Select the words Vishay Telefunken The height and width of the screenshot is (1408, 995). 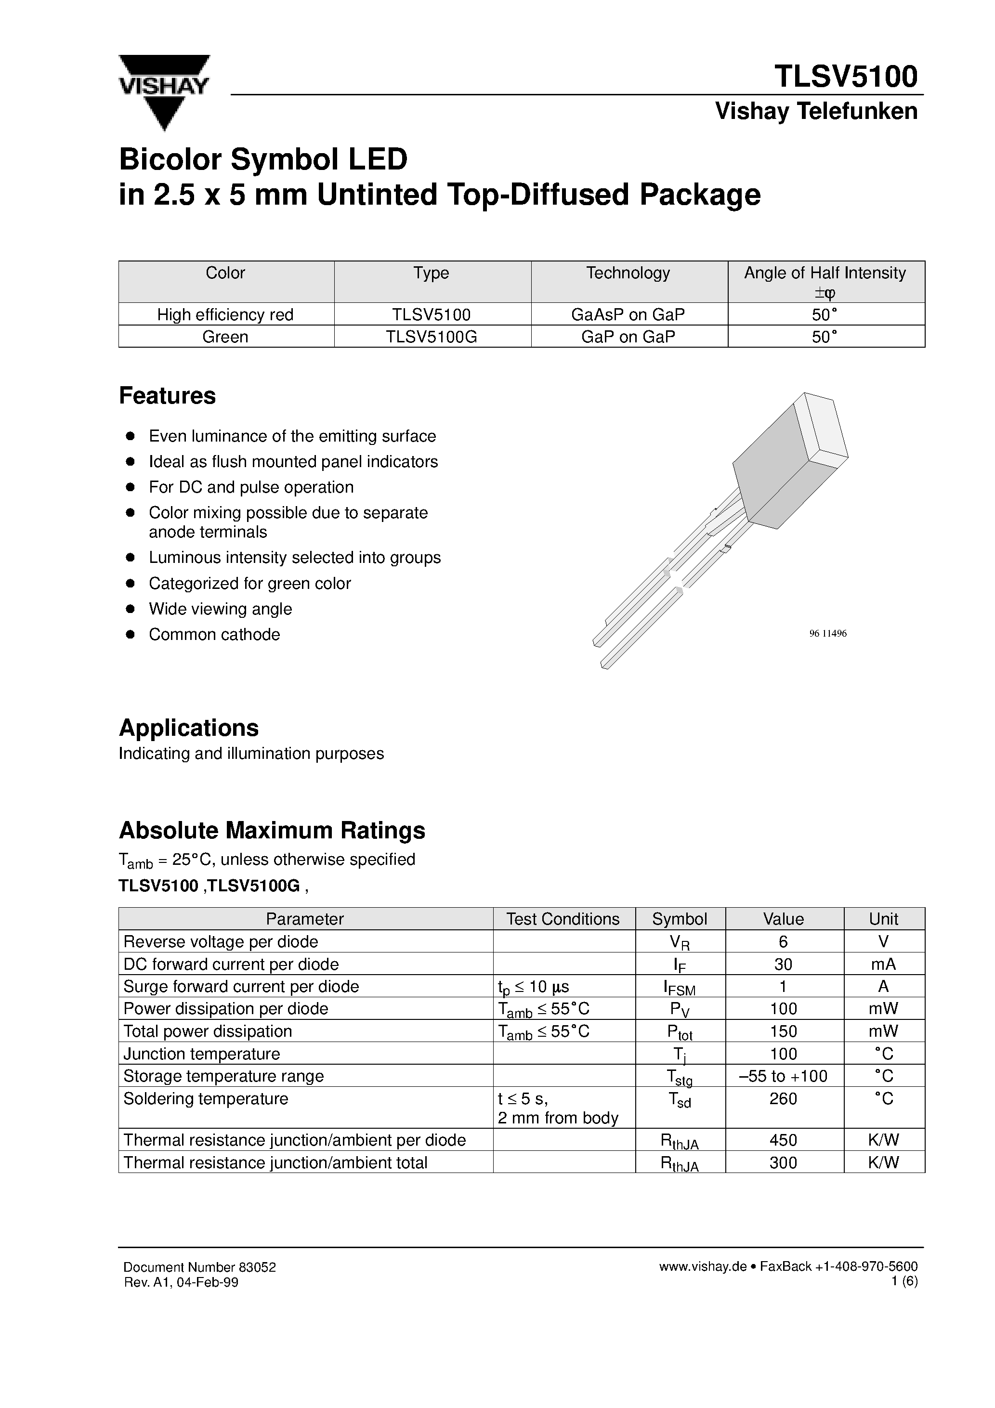[816, 112]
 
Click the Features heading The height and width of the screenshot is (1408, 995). [168, 395]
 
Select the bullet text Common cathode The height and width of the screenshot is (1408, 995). [214, 635]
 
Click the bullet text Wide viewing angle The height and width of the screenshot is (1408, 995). [220, 609]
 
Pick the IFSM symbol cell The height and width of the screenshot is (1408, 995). [679, 987]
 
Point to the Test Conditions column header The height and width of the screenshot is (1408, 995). [563, 919]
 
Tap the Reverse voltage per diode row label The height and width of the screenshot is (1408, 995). [221, 942]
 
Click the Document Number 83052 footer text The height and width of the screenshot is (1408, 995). [199, 1267]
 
